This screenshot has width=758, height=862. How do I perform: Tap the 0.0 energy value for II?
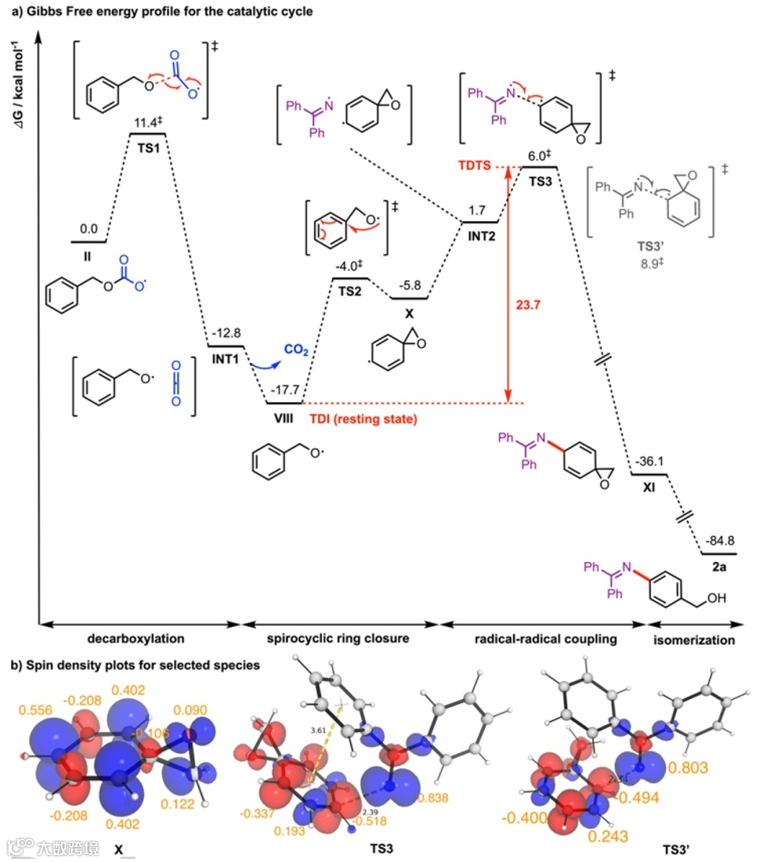pos(89,229)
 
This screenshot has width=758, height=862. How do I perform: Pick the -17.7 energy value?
pos(284,391)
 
